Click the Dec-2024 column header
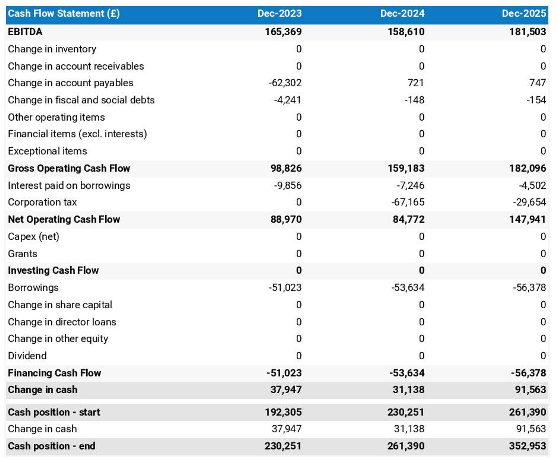tap(402, 14)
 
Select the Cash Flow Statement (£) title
tap(64, 14)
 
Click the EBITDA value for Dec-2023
tap(283, 32)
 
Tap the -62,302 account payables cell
tap(285, 83)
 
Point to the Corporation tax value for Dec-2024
tap(408, 202)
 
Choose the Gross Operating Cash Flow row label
tap(69, 168)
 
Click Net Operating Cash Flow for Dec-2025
tap(527, 220)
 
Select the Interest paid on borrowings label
tap(69, 185)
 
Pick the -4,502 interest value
tap(532, 185)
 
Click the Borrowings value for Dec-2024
tap(408, 288)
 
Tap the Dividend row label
tap(27, 356)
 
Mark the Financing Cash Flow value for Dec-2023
tap(284, 373)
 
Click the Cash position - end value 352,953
tap(527, 446)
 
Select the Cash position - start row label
tap(54, 412)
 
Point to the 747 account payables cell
tap(538, 83)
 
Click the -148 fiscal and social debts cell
tap(414, 100)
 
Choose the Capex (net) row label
tap(33, 237)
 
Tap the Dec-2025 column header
tap(524, 14)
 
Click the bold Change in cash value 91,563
tap(530, 390)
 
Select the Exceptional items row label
tap(47, 151)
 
